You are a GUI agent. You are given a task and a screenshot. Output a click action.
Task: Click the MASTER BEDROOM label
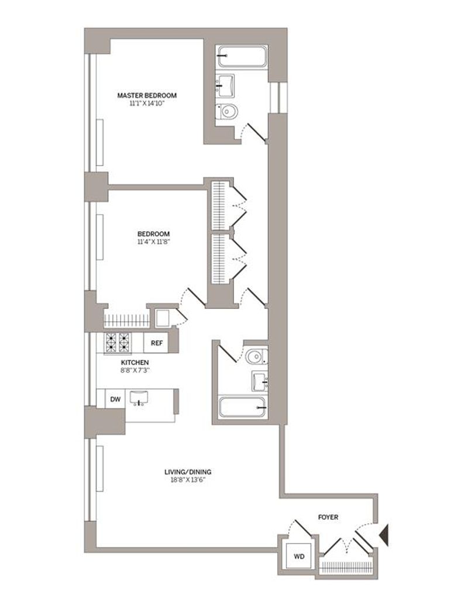click(147, 95)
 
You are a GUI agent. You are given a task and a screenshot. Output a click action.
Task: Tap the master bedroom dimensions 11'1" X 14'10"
click(147, 104)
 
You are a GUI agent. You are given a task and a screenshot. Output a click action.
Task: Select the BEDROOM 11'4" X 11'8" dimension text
click(153, 242)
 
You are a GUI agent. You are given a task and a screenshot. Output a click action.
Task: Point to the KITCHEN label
click(135, 363)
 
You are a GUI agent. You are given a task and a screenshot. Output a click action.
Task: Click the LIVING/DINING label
click(188, 472)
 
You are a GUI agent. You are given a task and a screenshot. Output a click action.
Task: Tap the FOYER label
click(328, 517)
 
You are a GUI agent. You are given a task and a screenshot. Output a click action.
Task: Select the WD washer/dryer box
click(299, 556)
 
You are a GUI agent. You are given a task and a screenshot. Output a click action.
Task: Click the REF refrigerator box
click(156, 343)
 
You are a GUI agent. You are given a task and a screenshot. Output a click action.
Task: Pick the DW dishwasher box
click(115, 400)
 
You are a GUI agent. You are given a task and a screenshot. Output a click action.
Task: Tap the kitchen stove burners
click(118, 342)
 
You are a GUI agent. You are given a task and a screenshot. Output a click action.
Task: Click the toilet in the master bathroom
click(226, 112)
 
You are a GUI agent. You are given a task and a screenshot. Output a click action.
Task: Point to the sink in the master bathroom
click(225, 85)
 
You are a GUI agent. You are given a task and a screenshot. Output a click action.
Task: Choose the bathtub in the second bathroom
click(243, 407)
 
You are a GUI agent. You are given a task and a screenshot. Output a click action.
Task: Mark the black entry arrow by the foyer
click(384, 535)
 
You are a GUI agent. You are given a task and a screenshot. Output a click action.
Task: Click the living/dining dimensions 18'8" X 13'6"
click(188, 480)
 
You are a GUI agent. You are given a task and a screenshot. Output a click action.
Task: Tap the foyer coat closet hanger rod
click(346, 567)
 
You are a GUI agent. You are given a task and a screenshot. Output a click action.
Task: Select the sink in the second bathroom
click(259, 381)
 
